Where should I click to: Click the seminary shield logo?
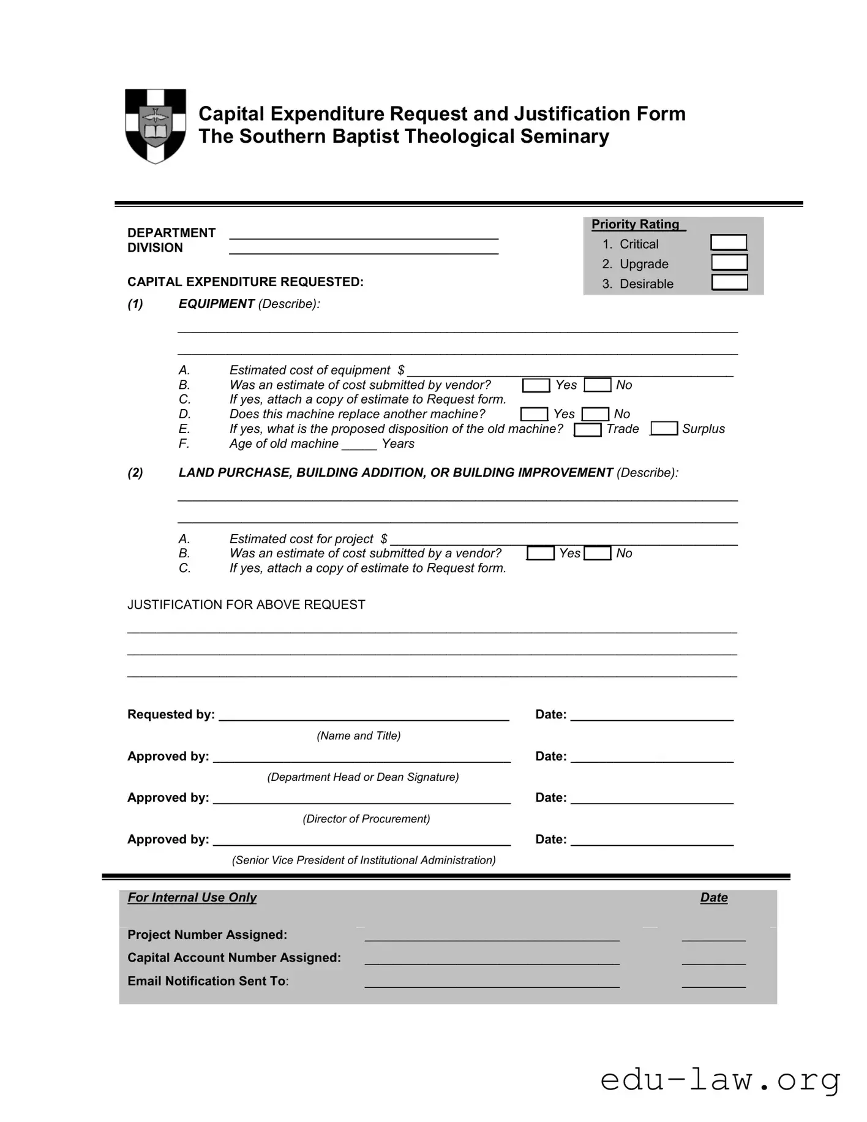[156, 126]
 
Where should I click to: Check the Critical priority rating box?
[729, 243]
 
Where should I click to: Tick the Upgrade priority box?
[729, 263]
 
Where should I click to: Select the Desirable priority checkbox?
[729, 282]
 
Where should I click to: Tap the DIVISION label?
[155, 248]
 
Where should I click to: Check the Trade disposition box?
[587, 429]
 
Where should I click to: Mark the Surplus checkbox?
[664, 429]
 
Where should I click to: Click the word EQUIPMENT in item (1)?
[216, 304]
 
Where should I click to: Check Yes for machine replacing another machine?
[534, 415]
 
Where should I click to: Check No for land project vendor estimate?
[598, 554]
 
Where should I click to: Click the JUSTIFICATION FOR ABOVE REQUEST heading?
[246, 605]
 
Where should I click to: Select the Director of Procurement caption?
[366, 819]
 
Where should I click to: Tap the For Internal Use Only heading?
[192, 898]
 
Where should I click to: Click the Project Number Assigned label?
[207, 935]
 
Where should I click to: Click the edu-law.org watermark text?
[719, 1080]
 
